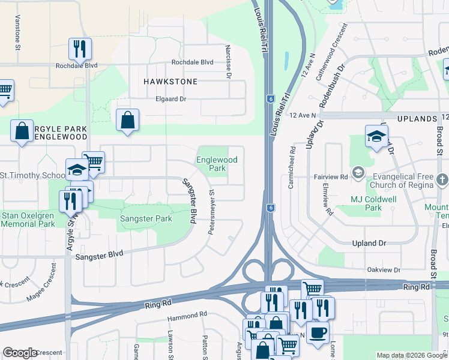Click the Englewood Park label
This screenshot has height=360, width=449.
[x=217, y=164]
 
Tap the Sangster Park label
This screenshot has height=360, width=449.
[x=146, y=218]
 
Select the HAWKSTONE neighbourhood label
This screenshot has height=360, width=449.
[x=170, y=80]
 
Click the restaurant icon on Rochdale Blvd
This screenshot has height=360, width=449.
[x=80, y=49]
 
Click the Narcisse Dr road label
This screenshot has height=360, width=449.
[x=228, y=61]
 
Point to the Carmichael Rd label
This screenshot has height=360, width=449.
[x=291, y=169]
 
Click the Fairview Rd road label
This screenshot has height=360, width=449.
[x=331, y=178]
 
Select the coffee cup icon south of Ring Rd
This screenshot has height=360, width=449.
[x=318, y=331]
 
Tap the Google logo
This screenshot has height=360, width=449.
[x=20, y=353]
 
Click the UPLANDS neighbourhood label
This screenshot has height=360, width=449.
[x=415, y=115]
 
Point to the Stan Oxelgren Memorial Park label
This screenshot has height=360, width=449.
[x=28, y=219]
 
